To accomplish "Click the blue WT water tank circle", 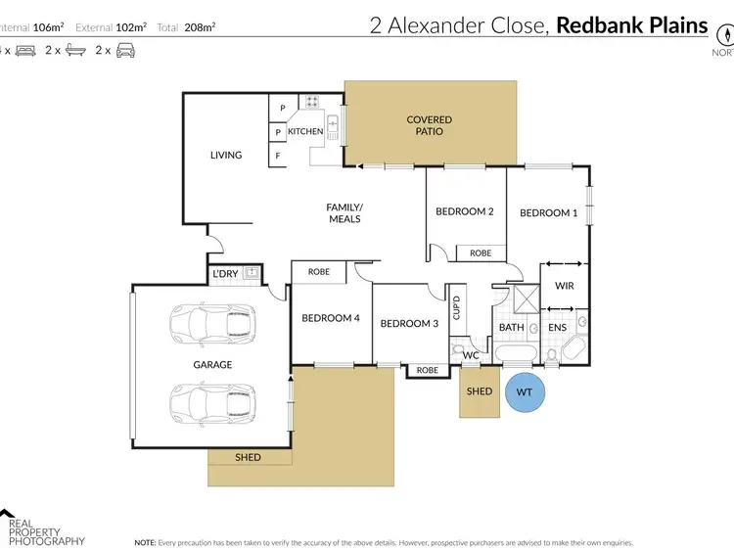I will [524, 392].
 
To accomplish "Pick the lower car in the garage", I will [211, 401].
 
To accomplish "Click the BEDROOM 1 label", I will [548, 212].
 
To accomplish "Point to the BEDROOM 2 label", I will [464, 211].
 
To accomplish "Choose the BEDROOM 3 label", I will [409, 324].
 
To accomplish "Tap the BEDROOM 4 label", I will [331, 318].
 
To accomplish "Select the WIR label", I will [564, 287].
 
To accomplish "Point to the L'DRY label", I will [225, 273].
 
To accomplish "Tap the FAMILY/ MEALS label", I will [344, 212].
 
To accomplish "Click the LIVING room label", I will [226, 155].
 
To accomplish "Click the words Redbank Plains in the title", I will [631, 25].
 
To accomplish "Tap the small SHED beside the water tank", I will [480, 391].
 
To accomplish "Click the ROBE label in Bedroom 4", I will [318, 271].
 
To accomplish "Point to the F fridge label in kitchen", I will [278, 155].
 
